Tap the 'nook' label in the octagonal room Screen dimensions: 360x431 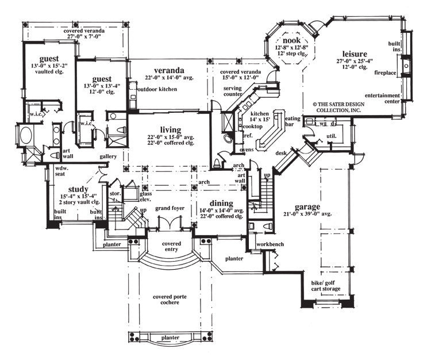[x=287, y=41]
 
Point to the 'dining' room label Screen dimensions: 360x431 [x=221, y=203]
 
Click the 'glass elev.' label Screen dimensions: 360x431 [x=146, y=197]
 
